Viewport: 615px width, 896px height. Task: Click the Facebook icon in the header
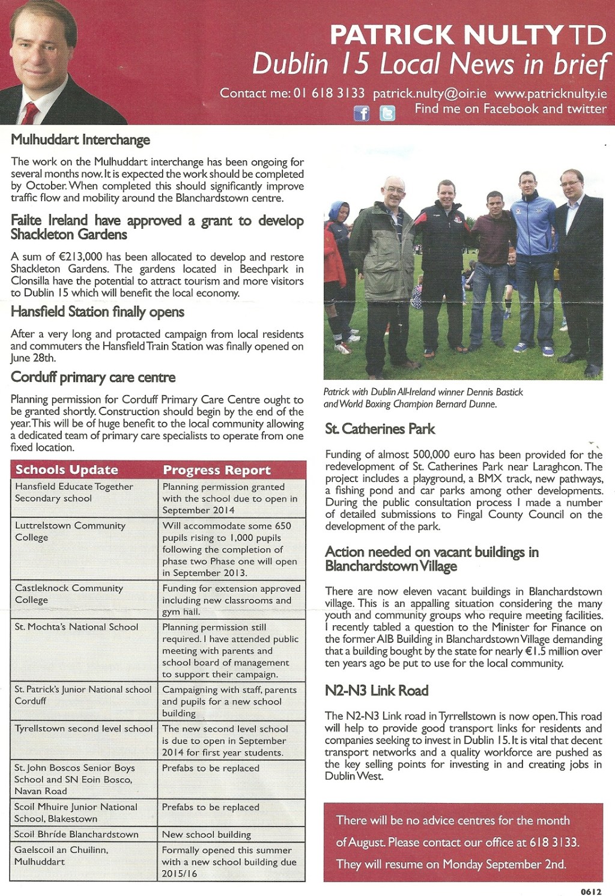click(x=361, y=113)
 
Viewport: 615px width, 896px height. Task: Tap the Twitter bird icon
click(x=387, y=113)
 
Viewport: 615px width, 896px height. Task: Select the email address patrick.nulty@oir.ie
click(x=429, y=94)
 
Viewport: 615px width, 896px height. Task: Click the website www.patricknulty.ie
click(x=550, y=94)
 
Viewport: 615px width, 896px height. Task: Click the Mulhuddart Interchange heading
click(x=80, y=140)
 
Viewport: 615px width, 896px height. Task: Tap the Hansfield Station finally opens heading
click(x=97, y=312)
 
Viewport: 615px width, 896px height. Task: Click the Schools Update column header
click(x=67, y=470)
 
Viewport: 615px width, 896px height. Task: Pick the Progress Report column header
click(x=217, y=470)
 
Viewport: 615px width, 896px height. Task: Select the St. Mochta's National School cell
click(x=76, y=627)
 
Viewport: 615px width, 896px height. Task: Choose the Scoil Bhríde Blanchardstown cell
click(x=76, y=835)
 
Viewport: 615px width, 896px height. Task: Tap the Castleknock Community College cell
click(x=68, y=594)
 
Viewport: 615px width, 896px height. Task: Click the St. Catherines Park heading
click(x=380, y=429)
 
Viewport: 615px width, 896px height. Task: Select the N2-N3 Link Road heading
click(x=377, y=691)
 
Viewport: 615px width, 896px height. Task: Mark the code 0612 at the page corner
click(x=591, y=892)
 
